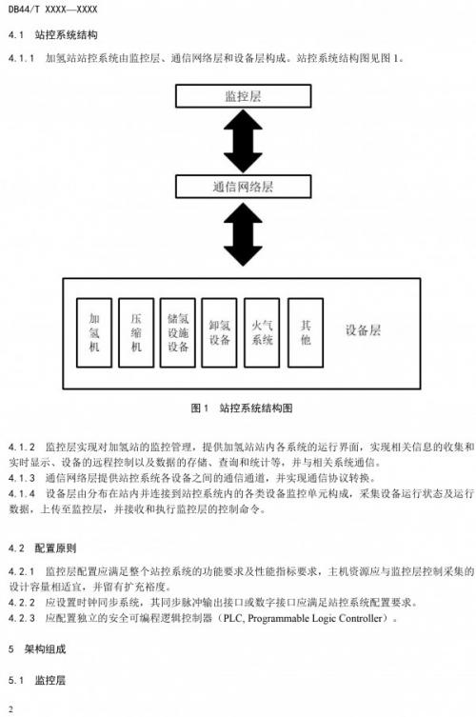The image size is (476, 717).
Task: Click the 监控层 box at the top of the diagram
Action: pos(244,96)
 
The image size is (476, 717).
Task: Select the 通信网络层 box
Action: pos(244,187)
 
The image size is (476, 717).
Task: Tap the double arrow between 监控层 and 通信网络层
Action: pos(244,141)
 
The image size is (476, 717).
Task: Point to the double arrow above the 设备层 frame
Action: pos(244,234)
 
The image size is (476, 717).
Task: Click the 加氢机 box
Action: pos(94,332)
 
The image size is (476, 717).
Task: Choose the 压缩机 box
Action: pos(136,332)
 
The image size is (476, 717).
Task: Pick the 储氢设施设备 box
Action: pos(178,332)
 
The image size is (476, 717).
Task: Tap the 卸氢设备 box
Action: pos(220,332)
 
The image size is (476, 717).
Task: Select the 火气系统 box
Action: pos(262,332)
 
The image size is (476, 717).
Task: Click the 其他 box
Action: pos(306,332)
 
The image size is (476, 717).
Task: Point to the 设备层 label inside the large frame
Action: pos(363,330)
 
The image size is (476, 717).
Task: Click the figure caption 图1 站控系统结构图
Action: pos(242,408)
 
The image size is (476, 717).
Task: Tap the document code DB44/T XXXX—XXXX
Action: pos(53,10)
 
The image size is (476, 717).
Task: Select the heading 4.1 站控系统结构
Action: pos(53,34)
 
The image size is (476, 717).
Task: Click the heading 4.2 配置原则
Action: pos(43,548)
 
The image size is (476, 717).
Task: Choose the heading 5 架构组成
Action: pos(37,648)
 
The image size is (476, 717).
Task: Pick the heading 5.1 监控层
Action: pos(37,680)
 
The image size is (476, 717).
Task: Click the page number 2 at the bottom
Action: pos(11,709)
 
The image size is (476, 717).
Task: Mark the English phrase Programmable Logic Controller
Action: pos(315,618)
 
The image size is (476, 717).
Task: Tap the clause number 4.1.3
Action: pos(22,478)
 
